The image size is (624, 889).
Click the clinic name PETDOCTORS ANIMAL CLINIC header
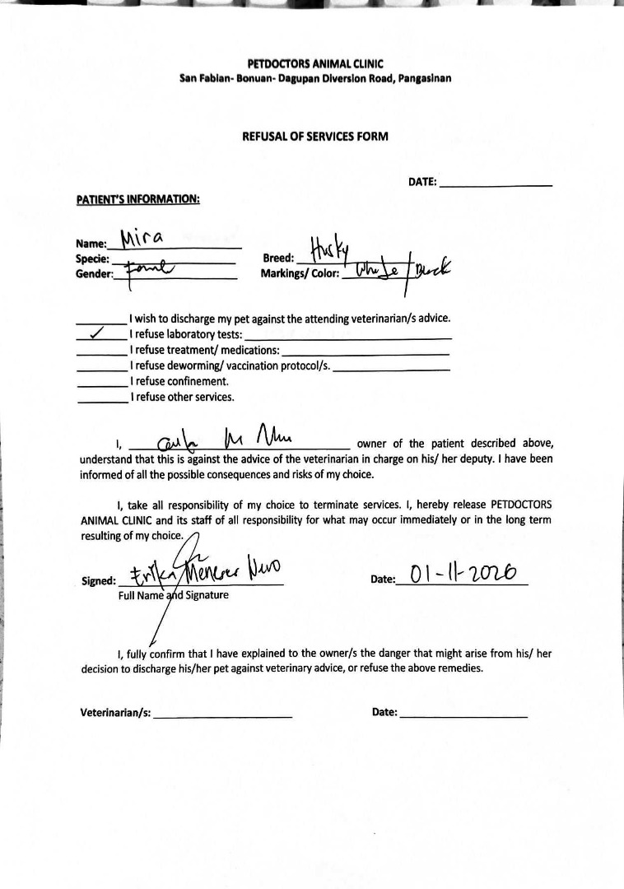pyautogui.click(x=315, y=63)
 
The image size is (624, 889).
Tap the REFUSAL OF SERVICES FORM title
pyautogui.click(x=315, y=137)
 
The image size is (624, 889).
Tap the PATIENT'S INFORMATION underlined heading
pyautogui.click(x=138, y=199)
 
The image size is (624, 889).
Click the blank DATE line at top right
pyautogui.click(x=496, y=184)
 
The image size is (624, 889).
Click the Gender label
pyautogui.click(x=94, y=275)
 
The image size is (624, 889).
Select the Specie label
pyautogui.click(x=92, y=259)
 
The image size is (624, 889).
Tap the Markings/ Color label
pyautogui.click(x=300, y=274)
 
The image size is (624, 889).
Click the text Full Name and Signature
pyautogui.click(x=174, y=595)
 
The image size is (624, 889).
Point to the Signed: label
pyautogui.click(x=98, y=581)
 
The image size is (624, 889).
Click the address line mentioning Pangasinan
pyautogui.click(x=315, y=79)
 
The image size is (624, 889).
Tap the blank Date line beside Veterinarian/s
pyautogui.click(x=463, y=715)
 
